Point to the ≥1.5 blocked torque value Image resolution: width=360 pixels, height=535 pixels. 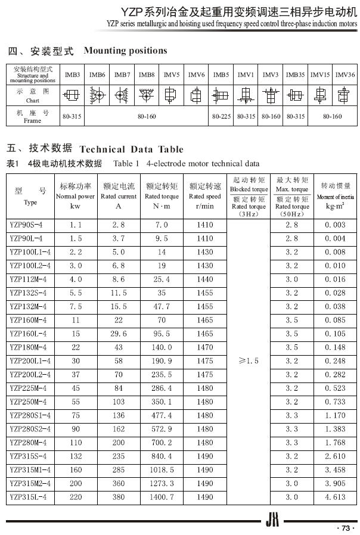click(x=249, y=361)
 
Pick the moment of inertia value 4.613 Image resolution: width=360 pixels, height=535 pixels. click(x=335, y=496)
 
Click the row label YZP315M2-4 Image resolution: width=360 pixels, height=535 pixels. click(x=30, y=483)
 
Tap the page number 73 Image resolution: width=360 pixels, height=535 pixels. click(x=344, y=527)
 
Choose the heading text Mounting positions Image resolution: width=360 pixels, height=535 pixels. click(x=125, y=51)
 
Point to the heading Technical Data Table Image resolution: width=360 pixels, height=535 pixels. click(x=131, y=149)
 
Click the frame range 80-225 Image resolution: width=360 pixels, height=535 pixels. click(x=221, y=117)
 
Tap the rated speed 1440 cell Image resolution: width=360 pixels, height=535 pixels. click(x=204, y=279)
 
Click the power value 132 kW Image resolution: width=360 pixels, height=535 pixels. click(x=76, y=456)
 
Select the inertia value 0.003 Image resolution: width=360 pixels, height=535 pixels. click(x=335, y=225)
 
